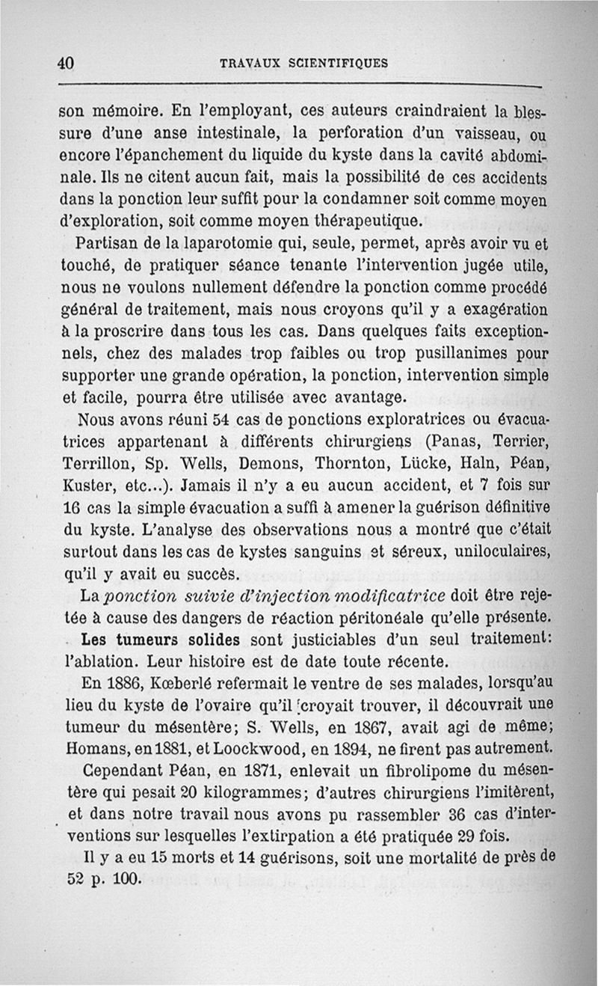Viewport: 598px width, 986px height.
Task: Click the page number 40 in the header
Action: pyautogui.click(x=66, y=64)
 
